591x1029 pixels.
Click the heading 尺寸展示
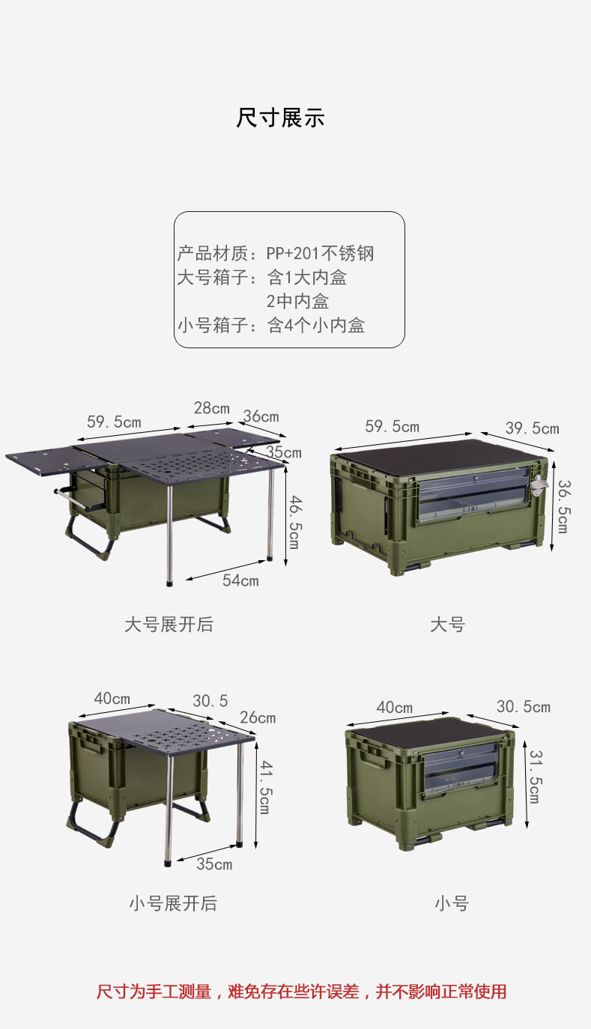coord(280,118)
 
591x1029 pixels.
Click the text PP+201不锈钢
coord(320,253)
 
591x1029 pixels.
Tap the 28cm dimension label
coord(212,408)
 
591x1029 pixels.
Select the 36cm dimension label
coord(261,416)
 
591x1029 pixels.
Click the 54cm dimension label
coord(240,580)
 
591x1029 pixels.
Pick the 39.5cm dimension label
coord(532,428)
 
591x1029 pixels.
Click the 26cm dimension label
coord(258,717)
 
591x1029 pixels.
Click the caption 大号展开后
coord(169,624)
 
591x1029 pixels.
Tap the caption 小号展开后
coord(172,903)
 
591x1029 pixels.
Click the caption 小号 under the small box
coord(451,903)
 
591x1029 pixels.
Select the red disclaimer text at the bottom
coord(301,992)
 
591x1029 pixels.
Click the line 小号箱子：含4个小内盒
coord(271,326)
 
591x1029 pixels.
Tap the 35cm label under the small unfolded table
coord(214,864)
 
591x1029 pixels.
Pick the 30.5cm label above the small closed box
coord(523,707)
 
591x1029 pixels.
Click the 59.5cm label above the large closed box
coord(392,426)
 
